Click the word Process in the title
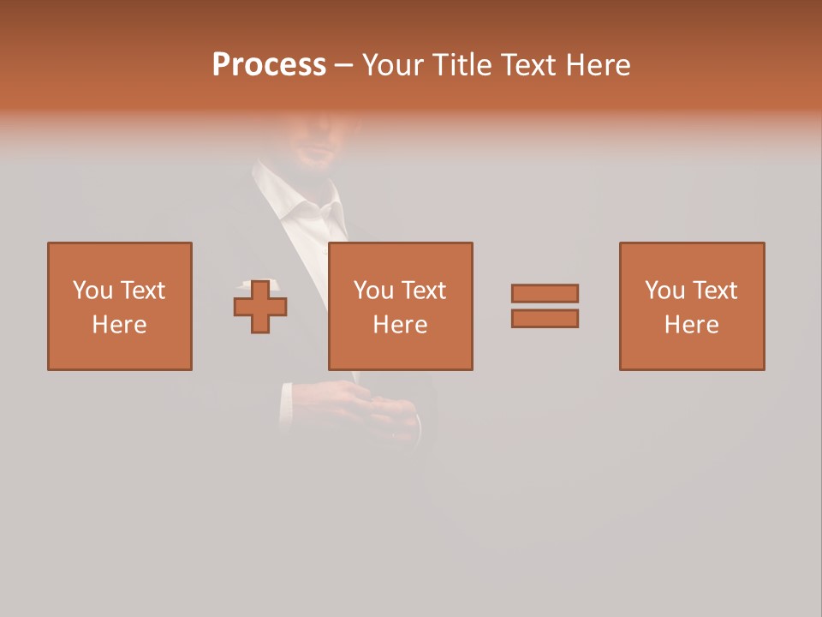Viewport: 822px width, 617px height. click(269, 65)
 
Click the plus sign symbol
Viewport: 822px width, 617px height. click(260, 307)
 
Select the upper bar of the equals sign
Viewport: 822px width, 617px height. click(545, 293)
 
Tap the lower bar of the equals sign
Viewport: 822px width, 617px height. click(545, 319)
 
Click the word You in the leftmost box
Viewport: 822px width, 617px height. click(92, 291)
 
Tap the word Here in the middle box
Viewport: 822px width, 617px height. click(401, 325)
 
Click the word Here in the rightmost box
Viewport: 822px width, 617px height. click(692, 325)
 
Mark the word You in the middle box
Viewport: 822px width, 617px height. click(373, 291)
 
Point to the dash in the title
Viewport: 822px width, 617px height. click(343, 65)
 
